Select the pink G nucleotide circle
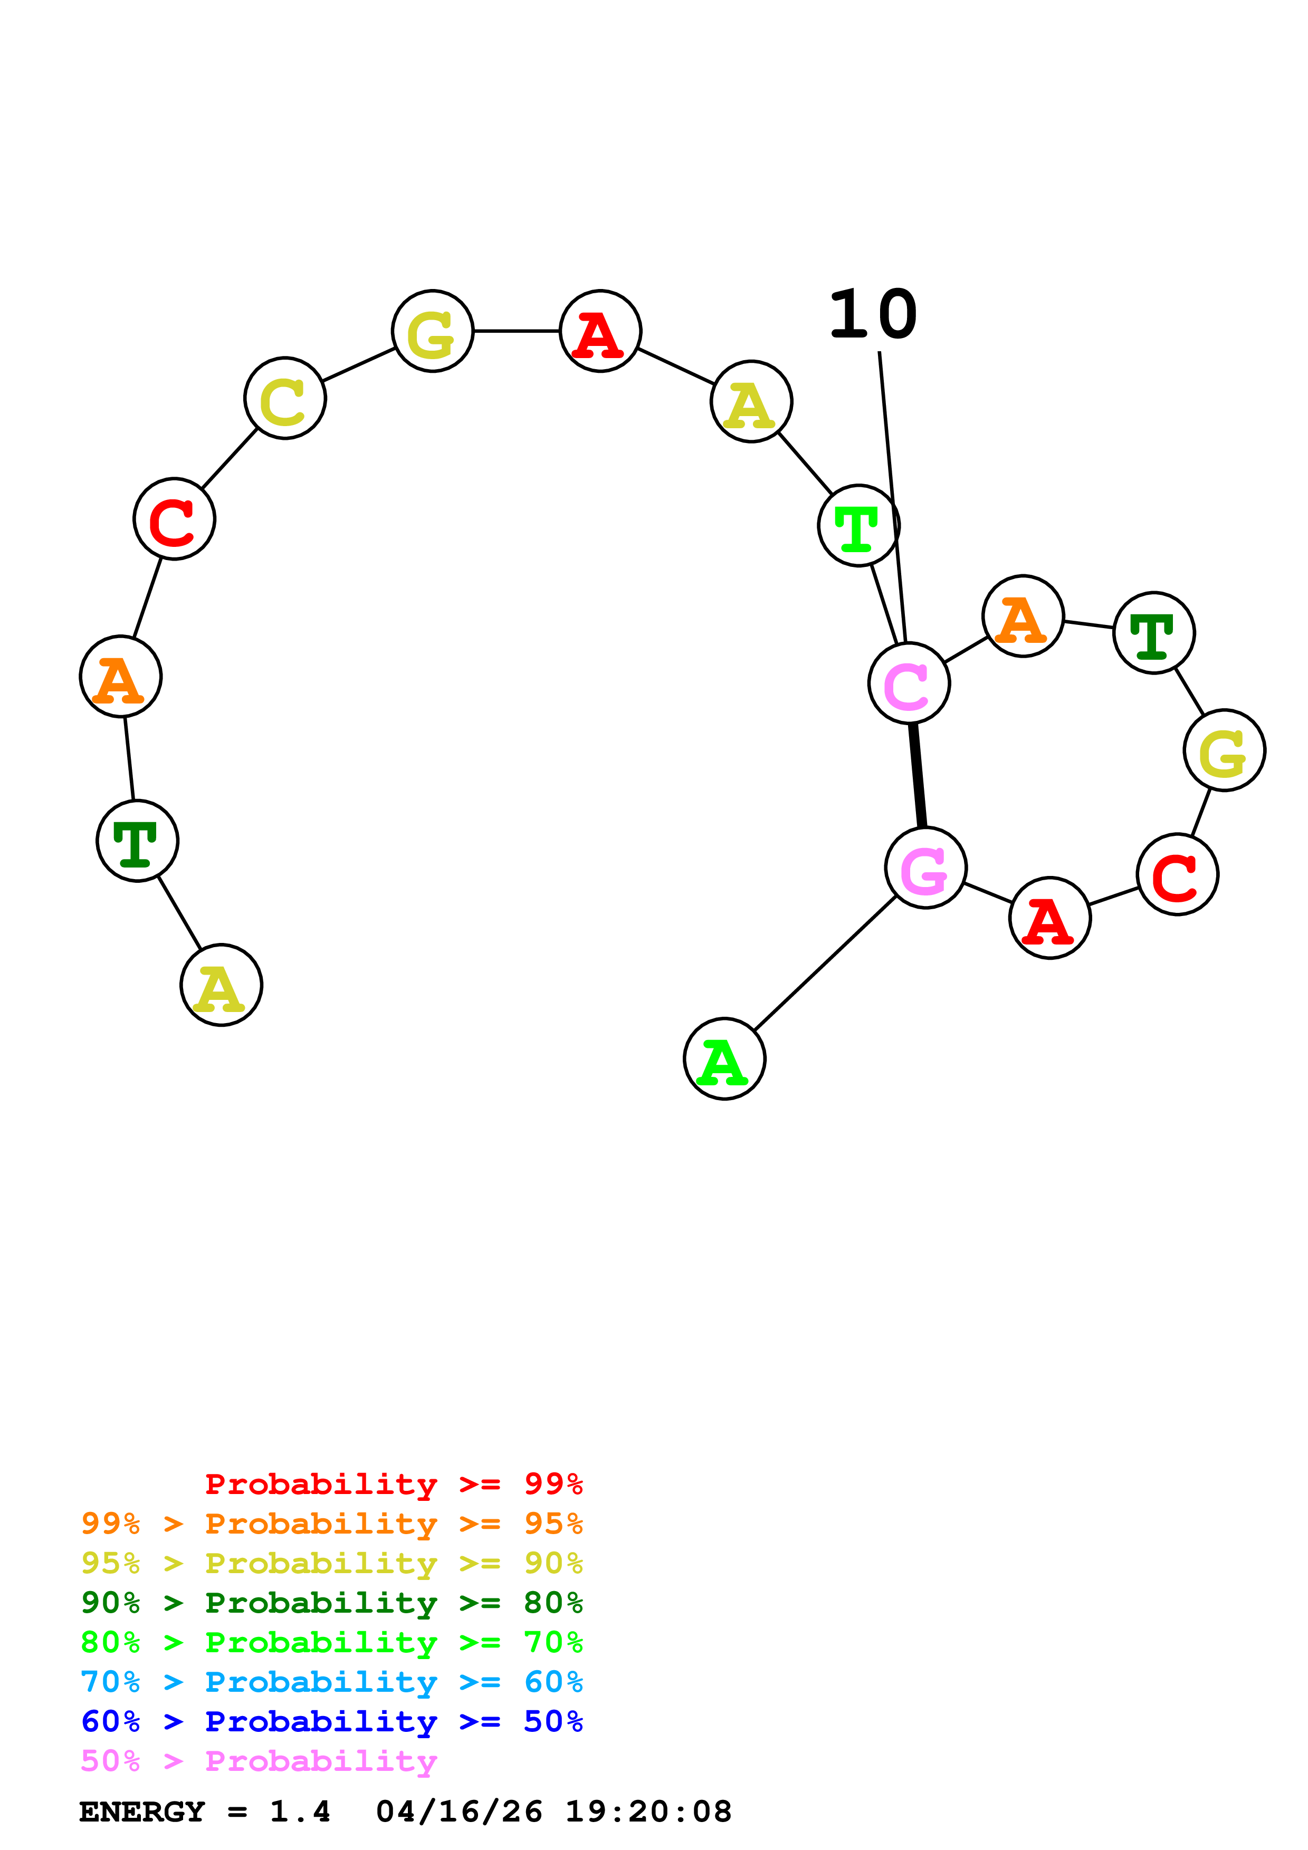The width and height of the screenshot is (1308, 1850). (x=925, y=868)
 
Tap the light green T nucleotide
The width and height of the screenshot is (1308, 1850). (x=858, y=525)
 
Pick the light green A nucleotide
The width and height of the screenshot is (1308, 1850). (x=724, y=1059)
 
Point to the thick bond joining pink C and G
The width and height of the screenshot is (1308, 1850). (x=917, y=775)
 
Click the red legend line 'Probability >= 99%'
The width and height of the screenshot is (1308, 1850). (x=393, y=1483)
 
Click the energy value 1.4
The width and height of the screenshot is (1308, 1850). (x=300, y=1812)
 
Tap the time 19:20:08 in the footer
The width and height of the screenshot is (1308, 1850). (x=648, y=1812)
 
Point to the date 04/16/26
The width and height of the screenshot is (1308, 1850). (x=459, y=1812)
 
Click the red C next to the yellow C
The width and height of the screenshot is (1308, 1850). (x=174, y=519)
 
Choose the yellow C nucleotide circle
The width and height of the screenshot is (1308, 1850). (x=285, y=398)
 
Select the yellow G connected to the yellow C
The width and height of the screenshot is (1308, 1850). (x=433, y=330)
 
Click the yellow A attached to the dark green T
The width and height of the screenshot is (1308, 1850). (x=222, y=985)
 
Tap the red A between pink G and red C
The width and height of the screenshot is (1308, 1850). (x=1049, y=918)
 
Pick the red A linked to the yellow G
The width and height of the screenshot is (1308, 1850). (x=600, y=330)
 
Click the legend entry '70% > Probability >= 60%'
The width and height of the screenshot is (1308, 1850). (x=331, y=1682)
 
